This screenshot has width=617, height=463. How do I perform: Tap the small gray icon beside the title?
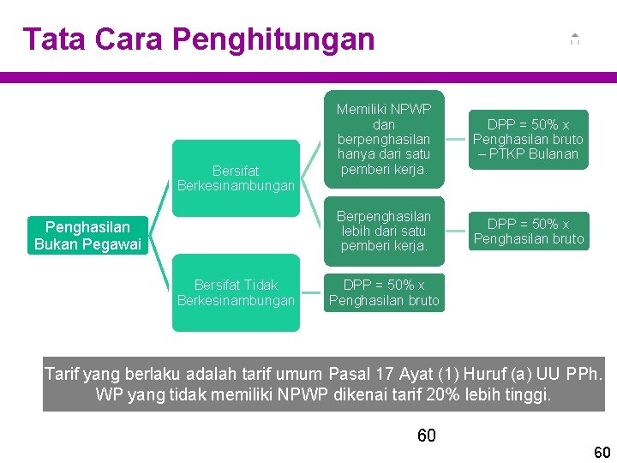[x=574, y=39]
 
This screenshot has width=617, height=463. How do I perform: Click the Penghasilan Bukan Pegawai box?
[x=87, y=236]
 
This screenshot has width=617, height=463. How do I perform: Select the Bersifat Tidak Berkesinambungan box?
[x=236, y=292]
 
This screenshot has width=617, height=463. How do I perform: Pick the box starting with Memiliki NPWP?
[x=384, y=139]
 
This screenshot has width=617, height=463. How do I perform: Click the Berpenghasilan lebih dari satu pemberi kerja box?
[x=384, y=231]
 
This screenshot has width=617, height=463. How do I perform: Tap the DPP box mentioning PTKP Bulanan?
[x=528, y=139]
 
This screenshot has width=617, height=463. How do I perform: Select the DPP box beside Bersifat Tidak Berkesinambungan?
[x=384, y=292]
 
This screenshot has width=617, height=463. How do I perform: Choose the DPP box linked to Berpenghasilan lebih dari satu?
[x=528, y=231]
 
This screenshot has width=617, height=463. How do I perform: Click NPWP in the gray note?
[x=281, y=395]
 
